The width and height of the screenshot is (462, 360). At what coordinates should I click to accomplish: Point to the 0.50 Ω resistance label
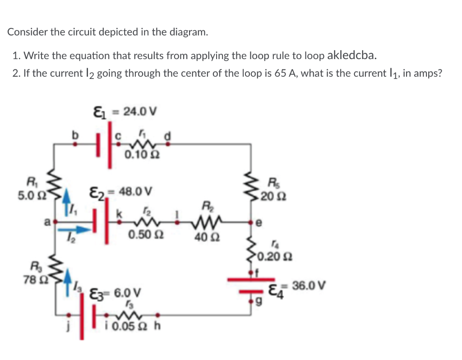142,236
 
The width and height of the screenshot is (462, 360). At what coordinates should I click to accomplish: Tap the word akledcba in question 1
351,55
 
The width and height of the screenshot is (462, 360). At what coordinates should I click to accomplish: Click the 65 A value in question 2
282,74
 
